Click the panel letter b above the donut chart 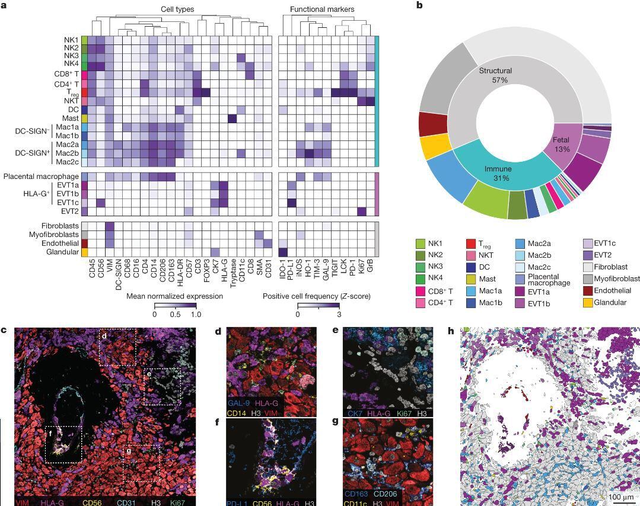419,5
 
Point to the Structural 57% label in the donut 495,75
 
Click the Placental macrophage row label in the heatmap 41,177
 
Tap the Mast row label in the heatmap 71,119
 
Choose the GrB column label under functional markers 371,265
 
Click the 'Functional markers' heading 322,9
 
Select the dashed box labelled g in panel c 141,463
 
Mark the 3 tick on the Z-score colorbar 338,314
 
